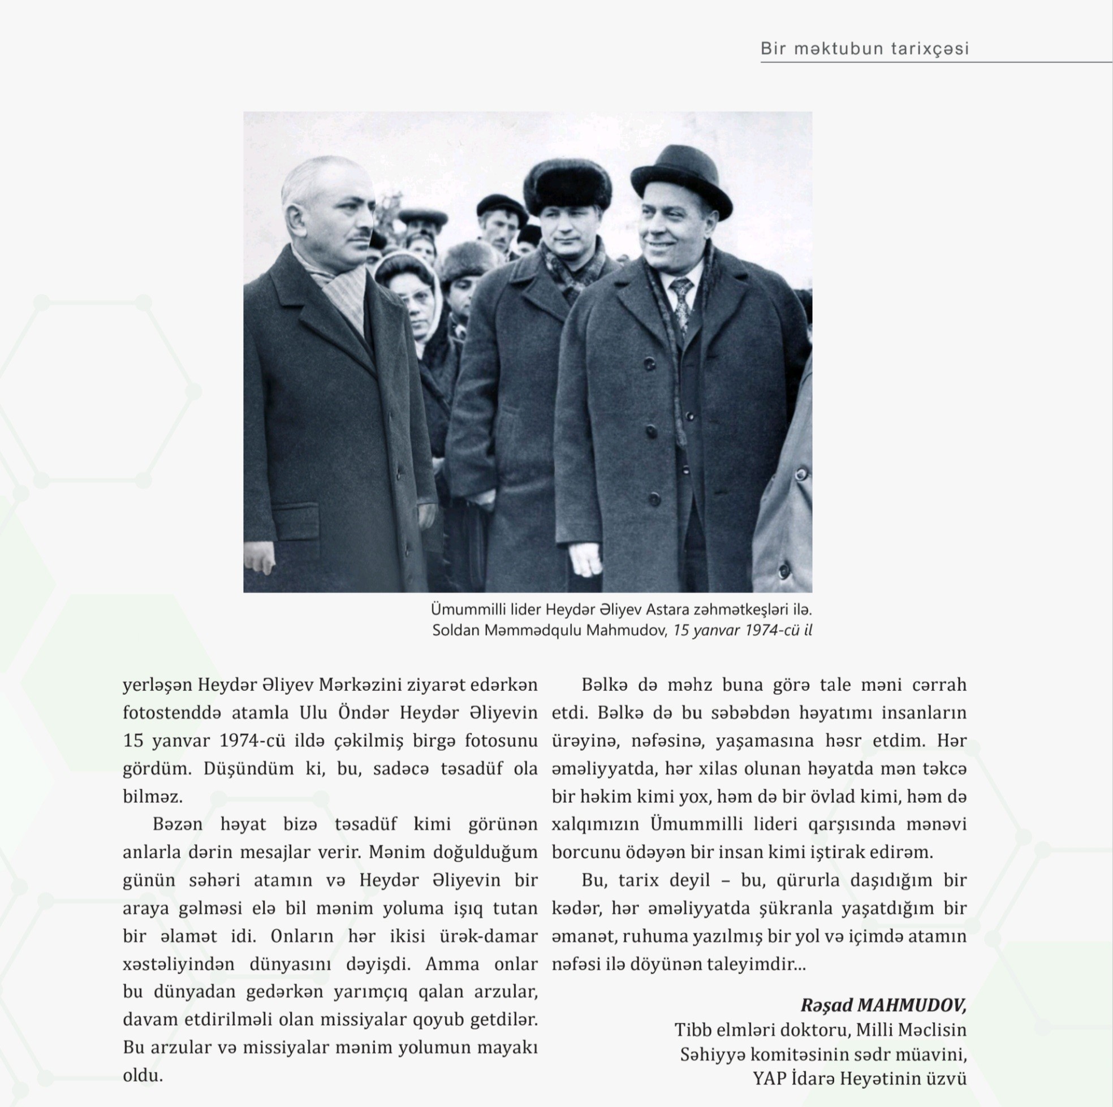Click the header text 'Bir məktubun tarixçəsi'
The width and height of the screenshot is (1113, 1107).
(x=864, y=49)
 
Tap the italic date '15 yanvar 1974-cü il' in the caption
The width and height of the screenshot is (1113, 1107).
(x=742, y=630)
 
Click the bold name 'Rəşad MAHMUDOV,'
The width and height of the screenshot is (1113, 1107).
(x=883, y=1005)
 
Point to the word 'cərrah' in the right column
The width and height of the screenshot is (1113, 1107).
(x=939, y=685)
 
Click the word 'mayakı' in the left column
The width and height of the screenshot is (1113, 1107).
(x=507, y=1047)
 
